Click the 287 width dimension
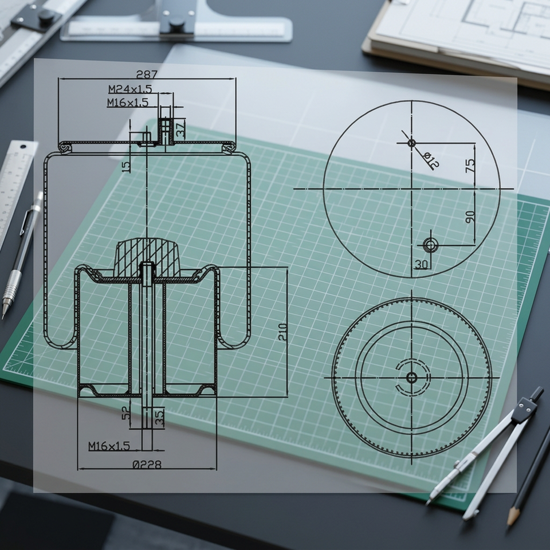pyautogui.click(x=147, y=74)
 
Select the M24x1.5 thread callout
pyautogui.click(x=130, y=89)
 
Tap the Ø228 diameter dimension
pyautogui.click(x=147, y=465)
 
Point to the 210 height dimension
pyautogui.click(x=282, y=332)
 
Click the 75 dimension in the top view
pyautogui.click(x=470, y=165)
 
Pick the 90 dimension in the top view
pyautogui.click(x=470, y=217)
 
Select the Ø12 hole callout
pyautogui.click(x=431, y=160)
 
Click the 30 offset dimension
pyautogui.click(x=421, y=264)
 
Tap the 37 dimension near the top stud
pyautogui.click(x=180, y=129)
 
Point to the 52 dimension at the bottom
pyautogui.click(x=126, y=412)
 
